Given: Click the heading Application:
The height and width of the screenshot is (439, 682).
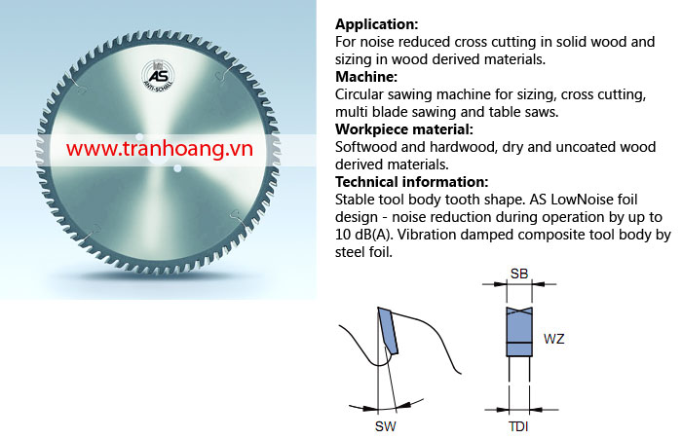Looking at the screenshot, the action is click(377, 24).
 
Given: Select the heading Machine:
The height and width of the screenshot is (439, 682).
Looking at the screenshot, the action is click(366, 77).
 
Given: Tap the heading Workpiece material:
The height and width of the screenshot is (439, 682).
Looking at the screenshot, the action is click(404, 129).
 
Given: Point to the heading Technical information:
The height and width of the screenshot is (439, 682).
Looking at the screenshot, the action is click(412, 182).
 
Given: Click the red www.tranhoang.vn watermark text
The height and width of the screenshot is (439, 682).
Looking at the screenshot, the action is click(160, 149).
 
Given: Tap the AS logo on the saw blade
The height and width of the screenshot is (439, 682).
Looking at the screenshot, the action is click(158, 76).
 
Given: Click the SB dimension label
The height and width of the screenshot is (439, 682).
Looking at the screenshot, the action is click(519, 274).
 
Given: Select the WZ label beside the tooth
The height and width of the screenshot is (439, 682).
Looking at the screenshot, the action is click(553, 339).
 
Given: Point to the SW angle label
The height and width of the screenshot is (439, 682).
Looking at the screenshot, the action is click(386, 426).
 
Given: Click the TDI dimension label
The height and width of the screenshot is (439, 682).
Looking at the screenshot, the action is click(518, 426).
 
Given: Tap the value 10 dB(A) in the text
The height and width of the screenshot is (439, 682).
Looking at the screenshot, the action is click(363, 235).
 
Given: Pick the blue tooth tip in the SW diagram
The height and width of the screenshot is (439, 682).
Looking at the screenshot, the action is click(388, 330).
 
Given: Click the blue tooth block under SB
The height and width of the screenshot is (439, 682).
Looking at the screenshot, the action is click(519, 332).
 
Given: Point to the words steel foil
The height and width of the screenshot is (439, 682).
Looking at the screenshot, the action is click(363, 252).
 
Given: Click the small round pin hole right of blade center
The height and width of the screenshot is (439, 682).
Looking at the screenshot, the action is click(177, 167).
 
